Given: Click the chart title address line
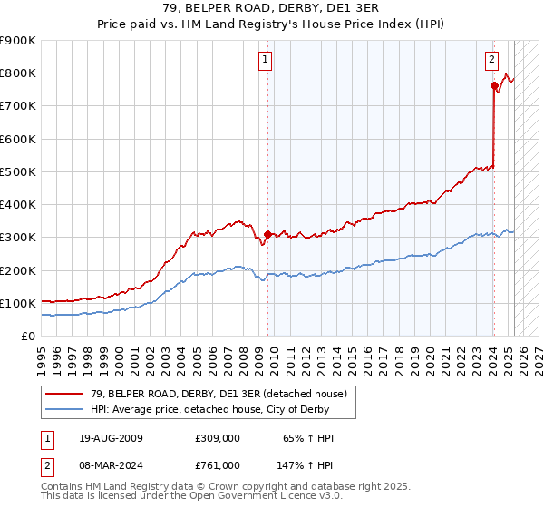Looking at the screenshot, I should pyautogui.click(x=272, y=8).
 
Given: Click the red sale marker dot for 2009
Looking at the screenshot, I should pyautogui.click(x=267, y=234).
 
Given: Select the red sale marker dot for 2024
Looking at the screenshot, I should pyautogui.click(x=494, y=86).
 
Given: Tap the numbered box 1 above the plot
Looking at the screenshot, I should pyautogui.click(x=266, y=61).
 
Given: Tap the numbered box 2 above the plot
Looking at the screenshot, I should pyautogui.click(x=491, y=61).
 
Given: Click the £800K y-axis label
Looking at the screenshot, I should pyautogui.click(x=18, y=73).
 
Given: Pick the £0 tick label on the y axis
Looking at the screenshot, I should pyautogui.click(x=28, y=336).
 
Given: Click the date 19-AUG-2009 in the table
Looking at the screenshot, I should pyautogui.click(x=110, y=438).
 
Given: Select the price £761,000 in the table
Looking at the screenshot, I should pyautogui.click(x=217, y=464).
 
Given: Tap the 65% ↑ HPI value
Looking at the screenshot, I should pyautogui.click(x=308, y=438).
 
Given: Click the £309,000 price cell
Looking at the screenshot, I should pyautogui.click(x=217, y=438).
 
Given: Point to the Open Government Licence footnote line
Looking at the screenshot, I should pyautogui.click(x=191, y=495).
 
